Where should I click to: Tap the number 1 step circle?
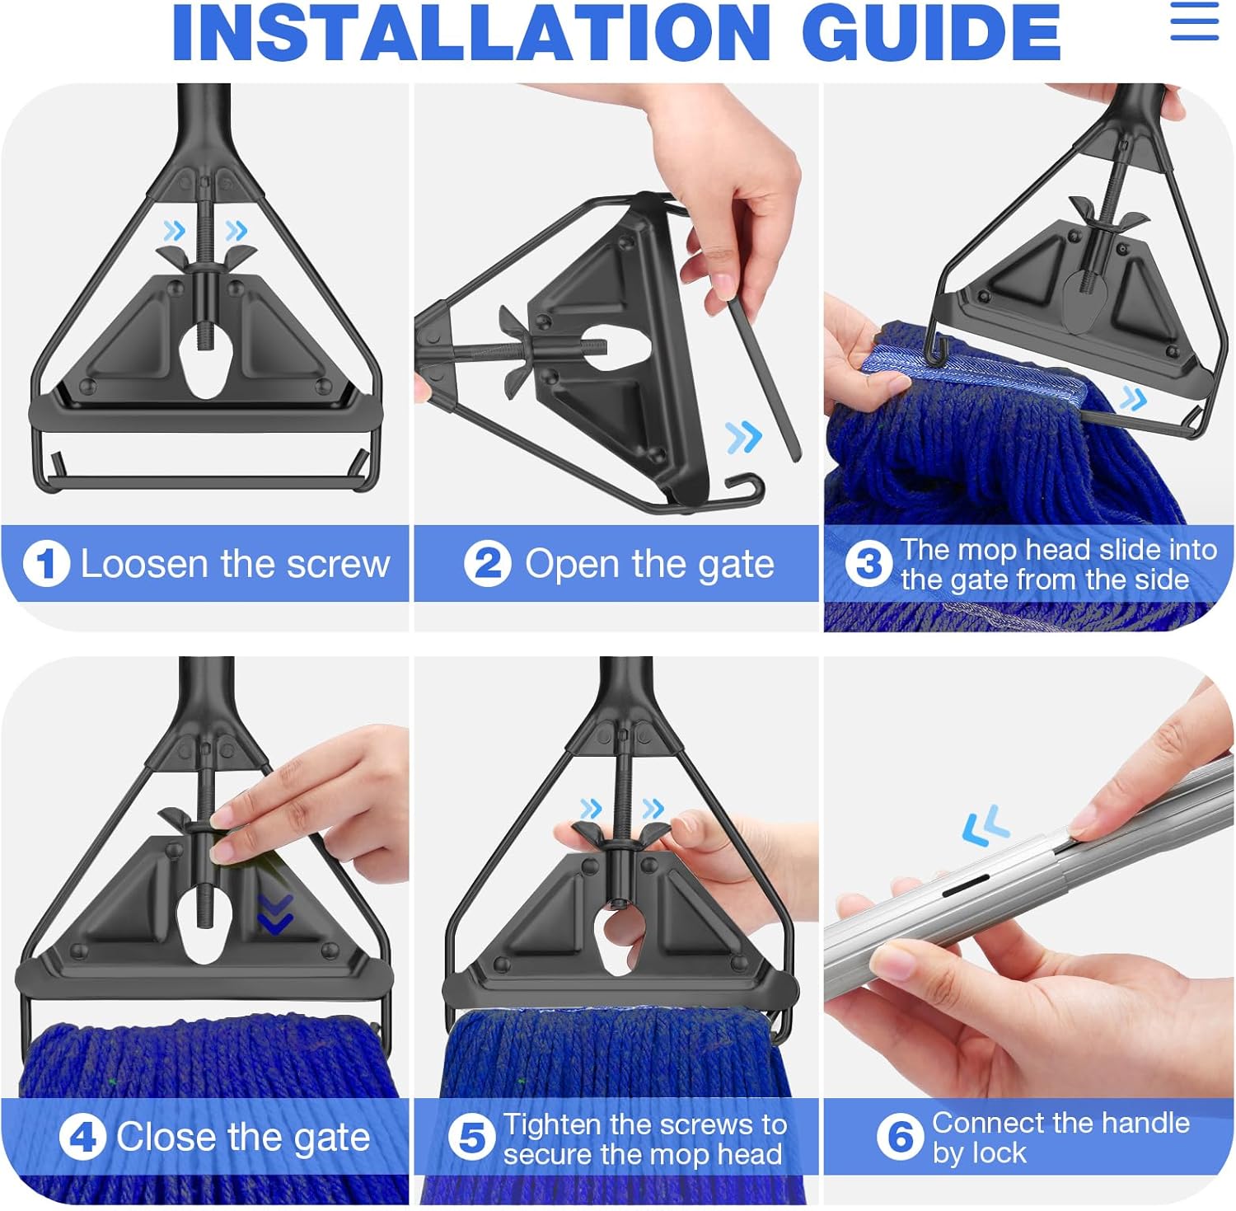point(46,564)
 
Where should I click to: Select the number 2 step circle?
point(488,564)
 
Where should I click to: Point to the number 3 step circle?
point(868,565)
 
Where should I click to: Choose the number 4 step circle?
point(82,1138)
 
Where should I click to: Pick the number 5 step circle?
point(471,1138)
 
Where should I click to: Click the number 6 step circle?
point(900,1138)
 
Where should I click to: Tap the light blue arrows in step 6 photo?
point(986,826)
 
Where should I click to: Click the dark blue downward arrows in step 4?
point(275,915)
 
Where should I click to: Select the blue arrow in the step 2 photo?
point(744,437)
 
